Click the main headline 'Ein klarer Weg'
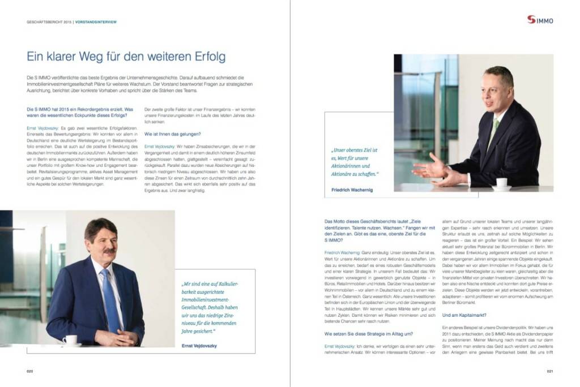[x=126, y=57]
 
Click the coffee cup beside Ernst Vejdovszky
[x=70, y=339]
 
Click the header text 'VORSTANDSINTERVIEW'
[x=97, y=22]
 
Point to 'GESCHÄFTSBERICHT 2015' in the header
[x=49, y=22]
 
